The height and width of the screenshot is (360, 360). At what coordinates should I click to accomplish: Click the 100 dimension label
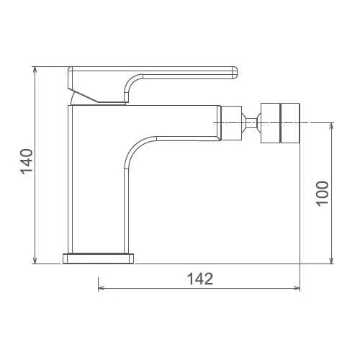[x=322, y=194]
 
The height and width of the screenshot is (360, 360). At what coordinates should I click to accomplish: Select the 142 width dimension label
[x=200, y=279]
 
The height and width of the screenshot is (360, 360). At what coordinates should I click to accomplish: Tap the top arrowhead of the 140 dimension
[x=35, y=70]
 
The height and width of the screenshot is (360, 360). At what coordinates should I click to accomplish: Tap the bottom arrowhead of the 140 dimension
[x=35, y=260]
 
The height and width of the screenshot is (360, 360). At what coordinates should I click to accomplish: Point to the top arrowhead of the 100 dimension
[x=331, y=126]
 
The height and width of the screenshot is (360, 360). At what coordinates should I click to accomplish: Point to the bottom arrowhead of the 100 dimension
[x=331, y=260]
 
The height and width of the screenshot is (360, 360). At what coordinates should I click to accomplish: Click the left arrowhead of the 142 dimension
[x=102, y=288]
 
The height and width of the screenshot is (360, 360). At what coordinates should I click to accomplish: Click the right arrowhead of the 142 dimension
[x=296, y=288]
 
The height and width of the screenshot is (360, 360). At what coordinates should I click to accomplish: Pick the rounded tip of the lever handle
[x=235, y=73]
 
